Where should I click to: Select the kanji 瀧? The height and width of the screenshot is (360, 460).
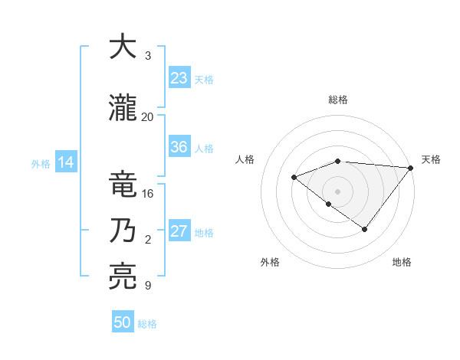pyautogui.click(x=123, y=109)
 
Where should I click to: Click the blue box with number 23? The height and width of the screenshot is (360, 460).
pyautogui.click(x=179, y=78)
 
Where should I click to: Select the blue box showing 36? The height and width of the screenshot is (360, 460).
pyautogui.click(x=179, y=147)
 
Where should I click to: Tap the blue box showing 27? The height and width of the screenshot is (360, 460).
pyautogui.click(x=179, y=231)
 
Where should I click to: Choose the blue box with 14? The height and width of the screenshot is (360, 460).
pyautogui.click(x=65, y=162)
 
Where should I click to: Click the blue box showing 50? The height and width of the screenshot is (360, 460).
pyautogui.click(x=123, y=322)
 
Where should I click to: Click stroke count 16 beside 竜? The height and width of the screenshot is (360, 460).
pyautogui.click(x=148, y=194)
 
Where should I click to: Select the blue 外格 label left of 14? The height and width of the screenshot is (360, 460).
pyautogui.click(x=41, y=163)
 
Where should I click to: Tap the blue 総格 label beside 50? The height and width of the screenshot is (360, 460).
pyautogui.click(x=147, y=324)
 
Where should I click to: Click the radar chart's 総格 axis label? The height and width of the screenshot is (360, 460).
pyautogui.click(x=337, y=100)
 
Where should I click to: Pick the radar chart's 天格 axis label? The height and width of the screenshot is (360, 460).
pyautogui.click(x=431, y=159)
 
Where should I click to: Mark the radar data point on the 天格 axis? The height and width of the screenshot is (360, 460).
pyautogui.click(x=411, y=168)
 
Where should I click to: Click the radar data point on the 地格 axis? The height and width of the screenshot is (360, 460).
pyautogui.click(x=365, y=229)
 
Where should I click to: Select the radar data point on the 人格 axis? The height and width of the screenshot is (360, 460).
pyautogui.click(x=294, y=178)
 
